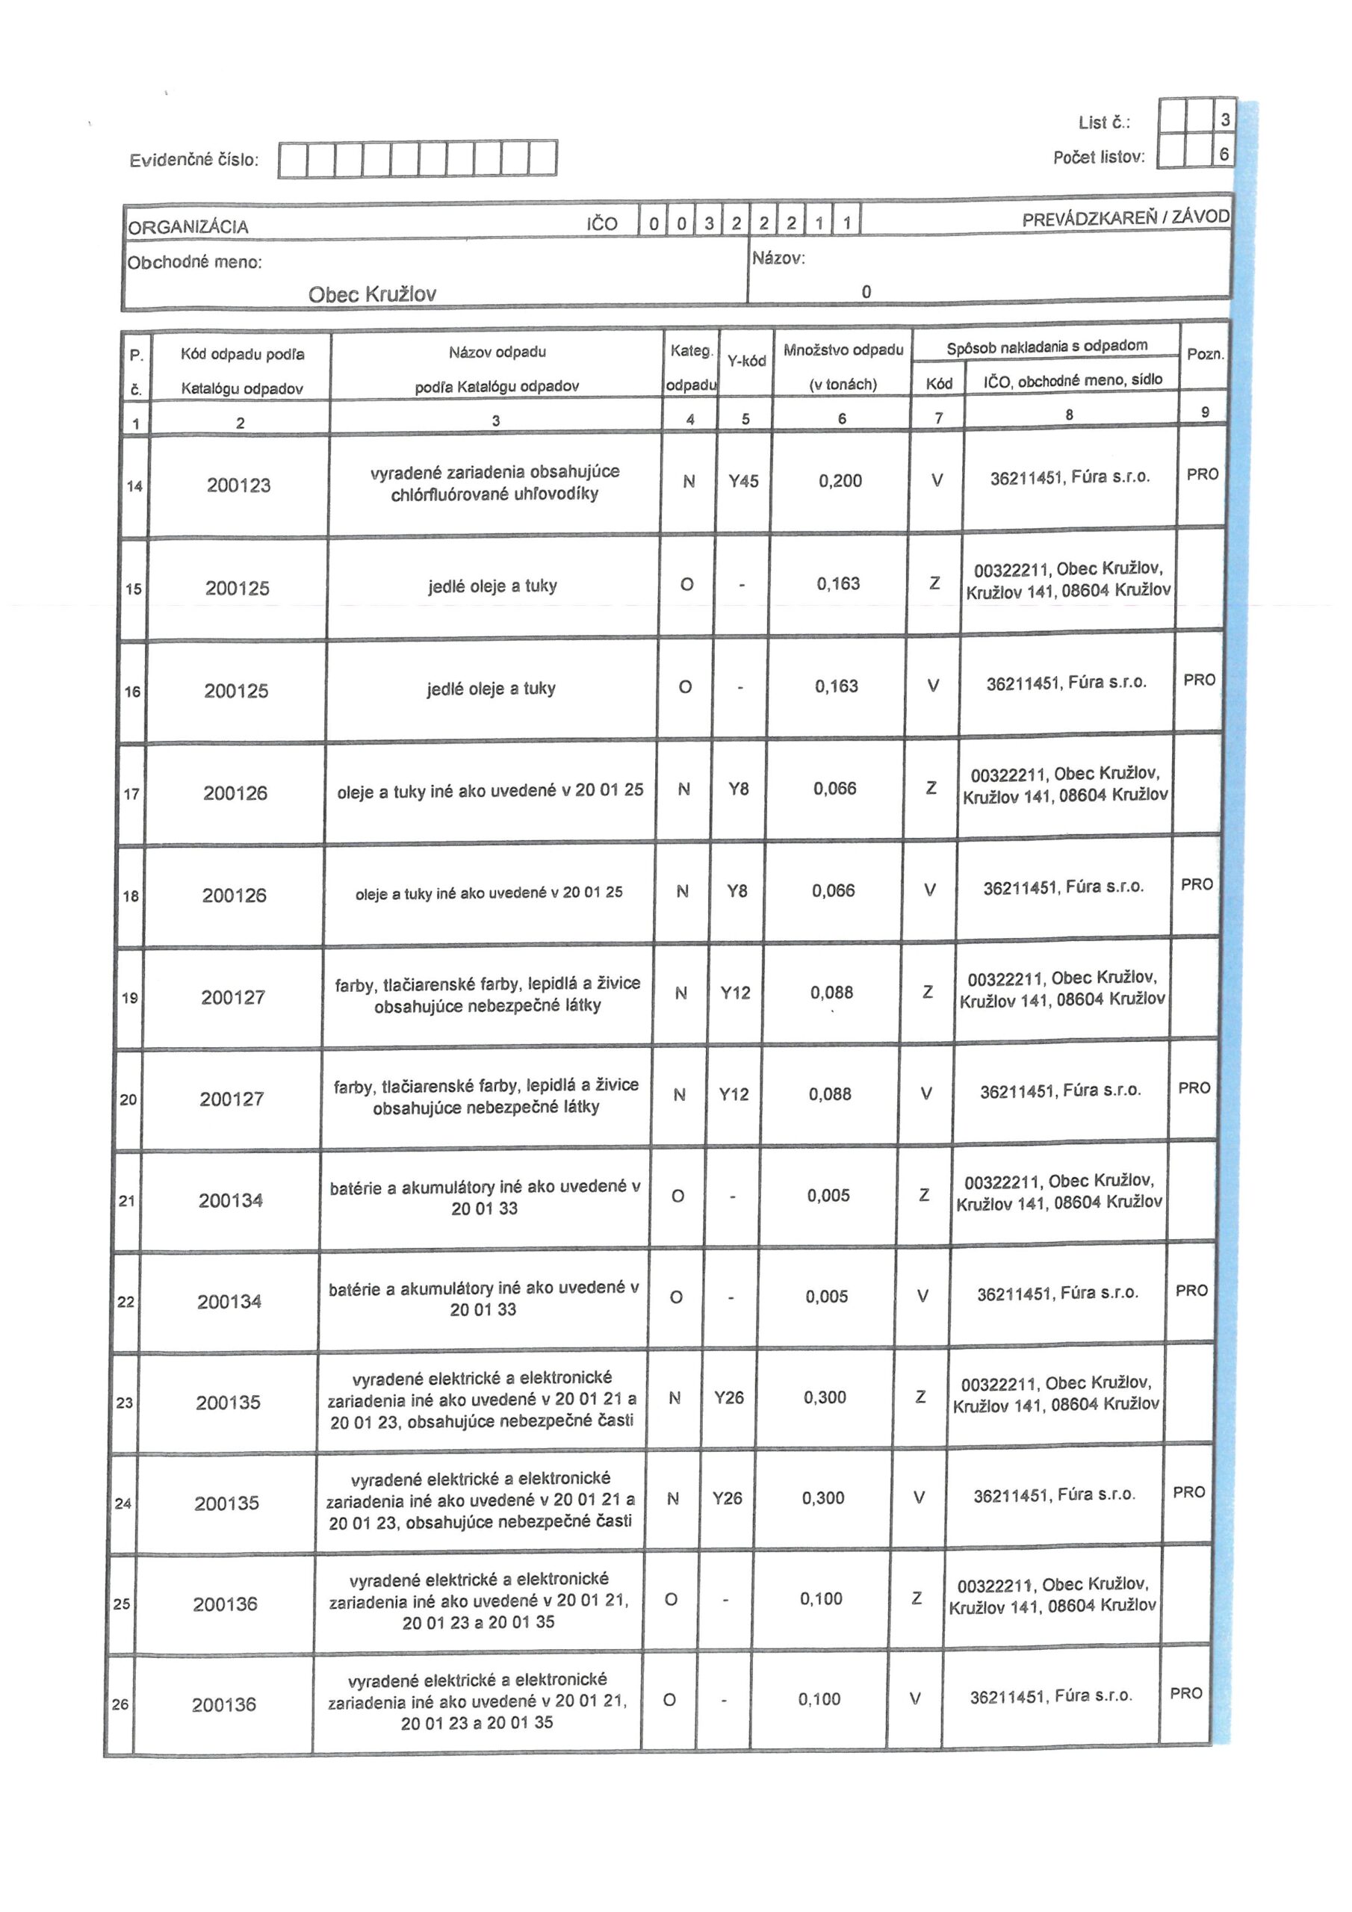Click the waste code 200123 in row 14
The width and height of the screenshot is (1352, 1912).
pyautogui.click(x=238, y=485)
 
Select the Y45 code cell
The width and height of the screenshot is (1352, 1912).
pyautogui.click(x=743, y=481)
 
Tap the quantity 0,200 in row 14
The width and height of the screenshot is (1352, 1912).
pyautogui.click(x=840, y=480)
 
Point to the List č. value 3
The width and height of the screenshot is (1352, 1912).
pyautogui.click(x=1224, y=120)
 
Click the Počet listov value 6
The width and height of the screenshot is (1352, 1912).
pyautogui.click(x=1224, y=154)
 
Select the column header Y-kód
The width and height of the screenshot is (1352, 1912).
pyautogui.click(x=745, y=361)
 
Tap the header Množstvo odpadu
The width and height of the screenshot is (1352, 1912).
pyautogui.click(x=843, y=350)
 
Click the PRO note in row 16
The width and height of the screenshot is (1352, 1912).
pyautogui.click(x=1199, y=680)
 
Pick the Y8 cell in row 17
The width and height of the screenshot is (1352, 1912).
pyautogui.click(x=738, y=789)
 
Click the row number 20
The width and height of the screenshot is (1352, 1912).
pyautogui.click(x=128, y=1099)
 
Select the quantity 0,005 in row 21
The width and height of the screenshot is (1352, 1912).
pyautogui.click(x=828, y=1196)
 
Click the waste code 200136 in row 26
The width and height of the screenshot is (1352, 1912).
pyautogui.click(x=223, y=1704)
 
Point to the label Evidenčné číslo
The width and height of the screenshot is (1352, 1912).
pyautogui.click(x=194, y=160)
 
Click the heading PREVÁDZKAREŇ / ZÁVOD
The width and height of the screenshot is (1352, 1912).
pyautogui.click(x=1125, y=218)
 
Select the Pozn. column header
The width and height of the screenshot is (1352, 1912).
pyautogui.click(x=1205, y=354)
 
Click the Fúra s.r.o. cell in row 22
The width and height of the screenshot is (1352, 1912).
pyautogui.click(x=1057, y=1294)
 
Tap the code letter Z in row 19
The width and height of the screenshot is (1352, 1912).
pyautogui.click(x=927, y=992)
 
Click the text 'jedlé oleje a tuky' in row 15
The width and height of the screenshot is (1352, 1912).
pyautogui.click(x=492, y=586)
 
